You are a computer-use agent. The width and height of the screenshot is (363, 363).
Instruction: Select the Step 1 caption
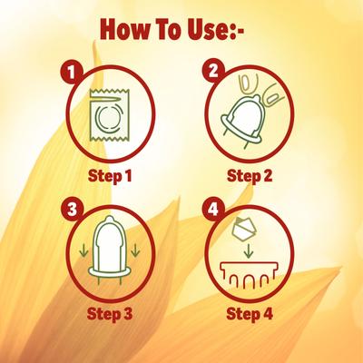pos(110,176)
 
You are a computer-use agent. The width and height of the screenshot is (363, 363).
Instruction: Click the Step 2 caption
pos(250,176)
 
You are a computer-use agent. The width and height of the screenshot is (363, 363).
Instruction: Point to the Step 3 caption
pos(110,314)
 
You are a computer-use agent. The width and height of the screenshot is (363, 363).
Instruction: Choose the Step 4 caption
pos(250,314)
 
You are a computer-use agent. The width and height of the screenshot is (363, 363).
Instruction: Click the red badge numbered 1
pos(71,72)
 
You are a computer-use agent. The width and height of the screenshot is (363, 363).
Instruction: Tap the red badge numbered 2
pos(213,72)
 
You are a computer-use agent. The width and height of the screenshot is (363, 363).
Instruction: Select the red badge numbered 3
pos(72,210)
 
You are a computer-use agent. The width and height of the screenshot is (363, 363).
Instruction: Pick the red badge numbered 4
pos(213,210)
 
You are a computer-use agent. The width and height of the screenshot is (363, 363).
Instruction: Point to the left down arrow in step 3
pos(82,250)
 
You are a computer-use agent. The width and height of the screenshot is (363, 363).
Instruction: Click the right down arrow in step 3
pos(135,250)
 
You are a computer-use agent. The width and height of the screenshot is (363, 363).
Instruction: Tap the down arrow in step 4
pos(249,250)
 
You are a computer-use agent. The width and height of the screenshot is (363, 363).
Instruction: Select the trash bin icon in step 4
pos(249,275)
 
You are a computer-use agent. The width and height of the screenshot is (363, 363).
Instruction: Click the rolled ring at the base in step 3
pos(110,271)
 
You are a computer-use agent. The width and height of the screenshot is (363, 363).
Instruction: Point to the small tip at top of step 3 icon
pos(109,219)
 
